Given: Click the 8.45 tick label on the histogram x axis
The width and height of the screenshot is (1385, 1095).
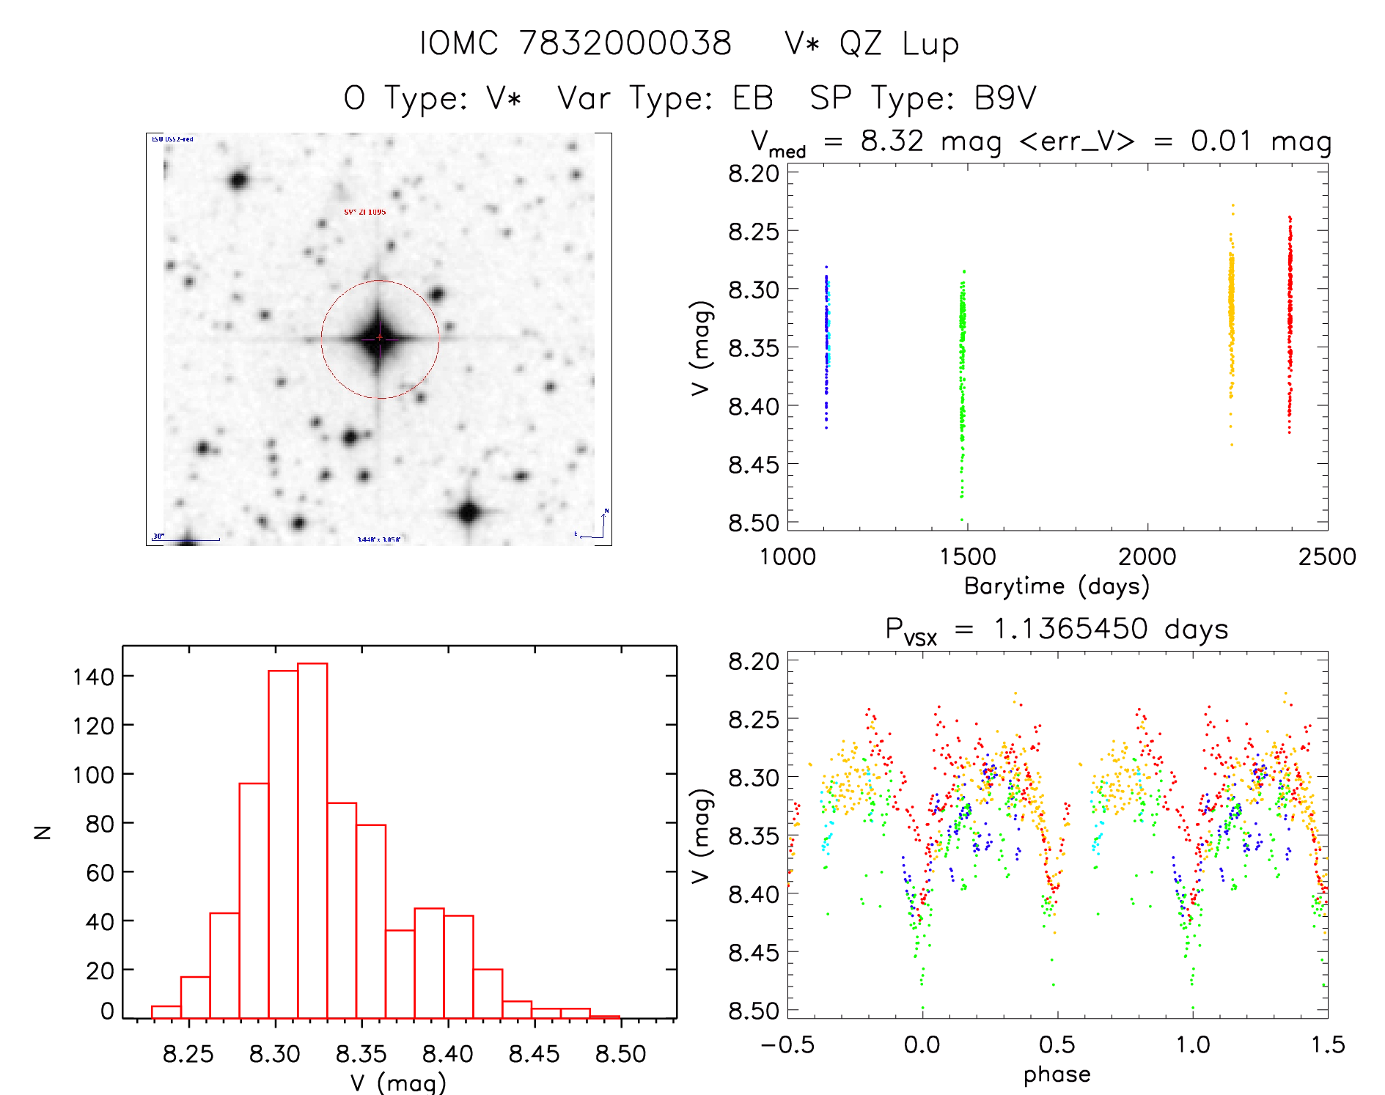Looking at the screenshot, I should (534, 1054).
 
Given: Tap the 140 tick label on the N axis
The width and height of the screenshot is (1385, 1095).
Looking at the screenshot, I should (93, 676).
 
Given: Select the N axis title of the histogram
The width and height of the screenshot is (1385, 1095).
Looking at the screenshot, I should (43, 832).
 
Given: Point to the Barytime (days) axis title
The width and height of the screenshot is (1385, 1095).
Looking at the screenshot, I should (1056, 586).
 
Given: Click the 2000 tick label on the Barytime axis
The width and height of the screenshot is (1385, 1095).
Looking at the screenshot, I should (1147, 557).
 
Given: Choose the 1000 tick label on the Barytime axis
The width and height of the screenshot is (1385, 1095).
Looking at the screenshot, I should (787, 557).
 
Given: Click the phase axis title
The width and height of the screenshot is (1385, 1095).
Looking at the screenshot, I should (1057, 1074).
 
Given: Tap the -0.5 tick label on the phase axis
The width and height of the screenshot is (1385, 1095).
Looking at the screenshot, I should (787, 1044).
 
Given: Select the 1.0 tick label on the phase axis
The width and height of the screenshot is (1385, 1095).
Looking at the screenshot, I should (1192, 1044).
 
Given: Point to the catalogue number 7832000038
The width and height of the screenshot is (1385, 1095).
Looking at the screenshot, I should (625, 43).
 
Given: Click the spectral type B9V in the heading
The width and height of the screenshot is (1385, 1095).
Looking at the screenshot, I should (1005, 98).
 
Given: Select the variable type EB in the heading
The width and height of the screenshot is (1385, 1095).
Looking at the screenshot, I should (752, 98).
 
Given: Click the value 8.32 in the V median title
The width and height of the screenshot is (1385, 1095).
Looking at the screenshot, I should (892, 141).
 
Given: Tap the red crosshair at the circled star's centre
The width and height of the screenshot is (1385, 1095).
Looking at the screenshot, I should (379, 337).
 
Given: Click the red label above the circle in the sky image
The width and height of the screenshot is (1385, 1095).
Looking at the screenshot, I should (364, 212).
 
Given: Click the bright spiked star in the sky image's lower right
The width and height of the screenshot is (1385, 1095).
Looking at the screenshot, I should (469, 512).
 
